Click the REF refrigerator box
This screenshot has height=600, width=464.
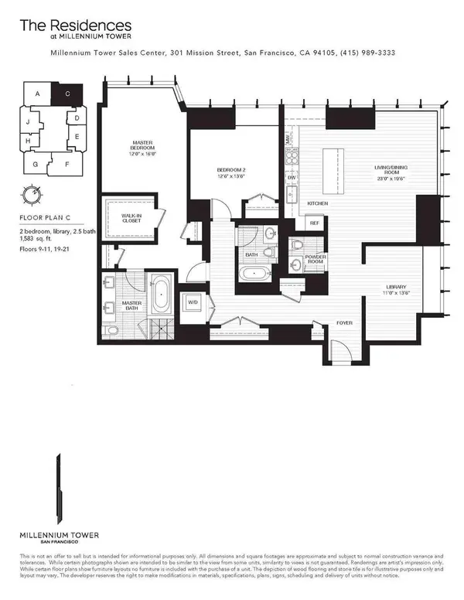[314, 223]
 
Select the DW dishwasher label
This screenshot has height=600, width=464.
[292, 178]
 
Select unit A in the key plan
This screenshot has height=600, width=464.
[36, 93]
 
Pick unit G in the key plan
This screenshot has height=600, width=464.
[36, 164]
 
